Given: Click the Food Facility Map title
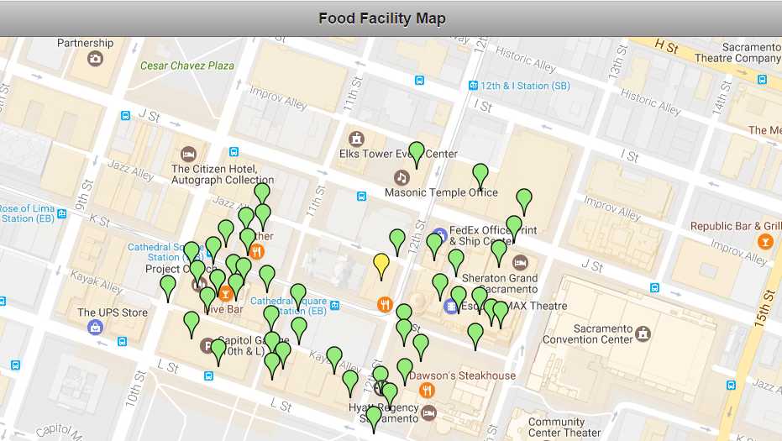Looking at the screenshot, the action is (x=382, y=18).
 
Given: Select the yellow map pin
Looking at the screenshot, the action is (x=381, y=265).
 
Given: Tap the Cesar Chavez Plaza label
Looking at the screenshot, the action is (x=187, y=66).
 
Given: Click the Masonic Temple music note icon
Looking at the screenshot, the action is (x=401, y=177).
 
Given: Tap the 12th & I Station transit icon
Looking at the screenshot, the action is (x=474, y=86).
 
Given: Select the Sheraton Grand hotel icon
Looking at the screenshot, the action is (x=520, y=262).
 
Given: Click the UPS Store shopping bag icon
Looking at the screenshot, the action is (x=95, y=326).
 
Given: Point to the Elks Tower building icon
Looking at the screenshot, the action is (x=357, y=139).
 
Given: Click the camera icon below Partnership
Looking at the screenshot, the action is (x=95, y=58).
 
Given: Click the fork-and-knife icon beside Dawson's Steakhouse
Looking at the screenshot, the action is (x=427, y=390).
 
